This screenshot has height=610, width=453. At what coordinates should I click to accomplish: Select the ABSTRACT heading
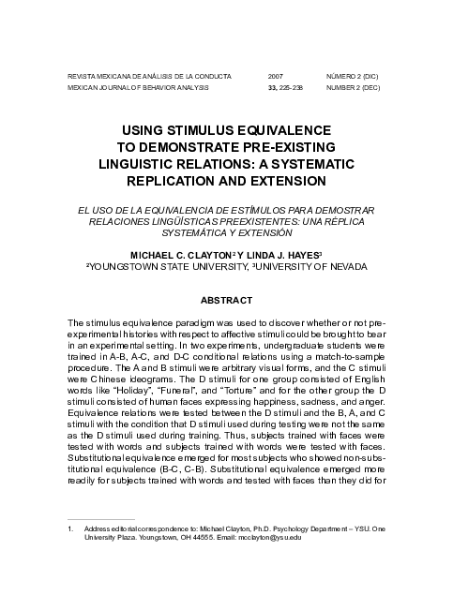pos(226,301)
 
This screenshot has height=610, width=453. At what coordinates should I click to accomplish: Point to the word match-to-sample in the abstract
pos(350,356)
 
